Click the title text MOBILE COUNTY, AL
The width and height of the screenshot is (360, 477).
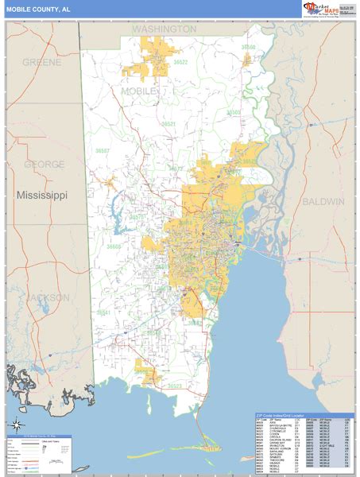click(39, 8)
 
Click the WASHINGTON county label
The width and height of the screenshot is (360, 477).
click(164, 29)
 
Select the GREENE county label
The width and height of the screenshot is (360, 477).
click(42, 62)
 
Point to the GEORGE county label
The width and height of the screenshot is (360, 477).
click(44, 165)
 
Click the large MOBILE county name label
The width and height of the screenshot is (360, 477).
click(140, 92)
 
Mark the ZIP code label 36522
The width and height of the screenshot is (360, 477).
click(180, 62)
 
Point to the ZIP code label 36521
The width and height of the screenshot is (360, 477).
click(168, 125)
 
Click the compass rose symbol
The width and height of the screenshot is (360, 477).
click(16, 425)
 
